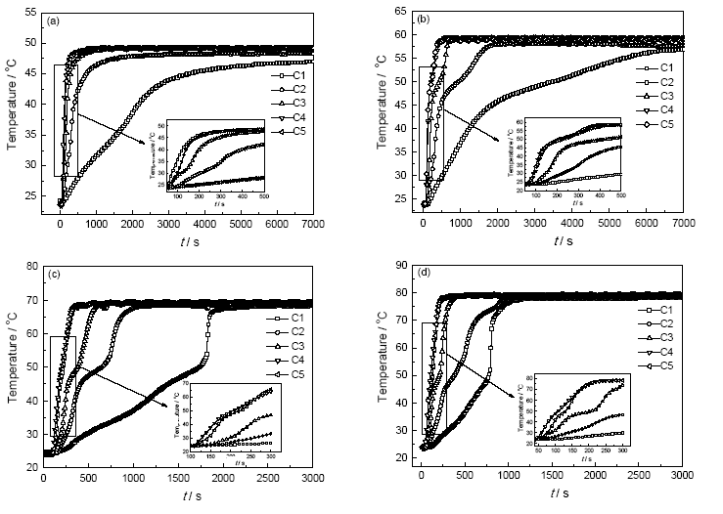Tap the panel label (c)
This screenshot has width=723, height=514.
[57, 274]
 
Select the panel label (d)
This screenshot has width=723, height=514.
[429, 274]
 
